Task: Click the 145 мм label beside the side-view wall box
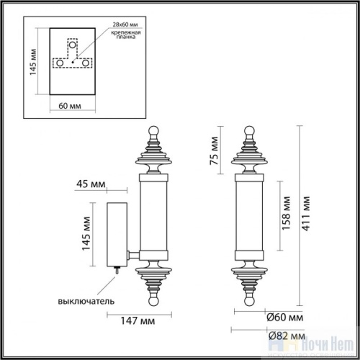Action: tap(86, 232)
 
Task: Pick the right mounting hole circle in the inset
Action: tap(86, 63)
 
